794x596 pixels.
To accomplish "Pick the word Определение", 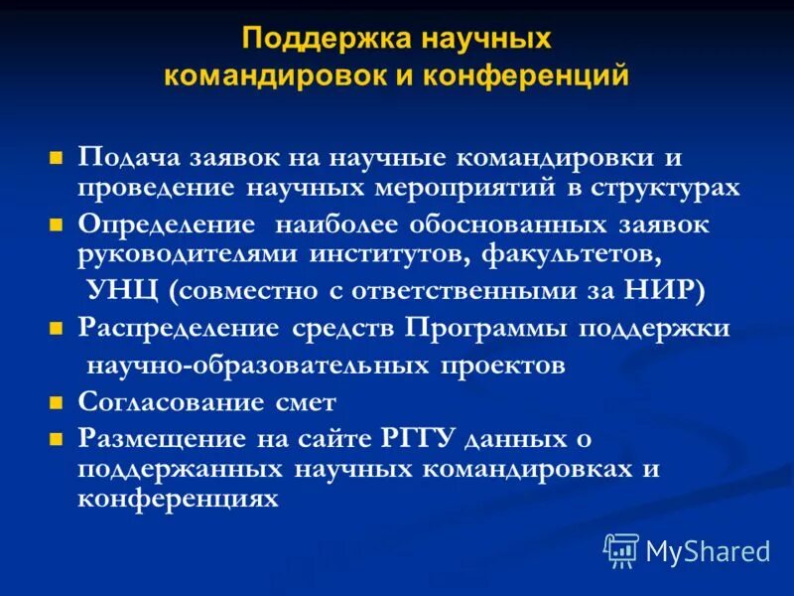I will click(163, 224).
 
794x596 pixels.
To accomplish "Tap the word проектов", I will click(502, 366).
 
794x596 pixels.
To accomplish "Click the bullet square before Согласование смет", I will click(57, 403).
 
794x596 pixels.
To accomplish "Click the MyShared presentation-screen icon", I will click(621, 550).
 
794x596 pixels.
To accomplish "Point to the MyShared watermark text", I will click(708, 551).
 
